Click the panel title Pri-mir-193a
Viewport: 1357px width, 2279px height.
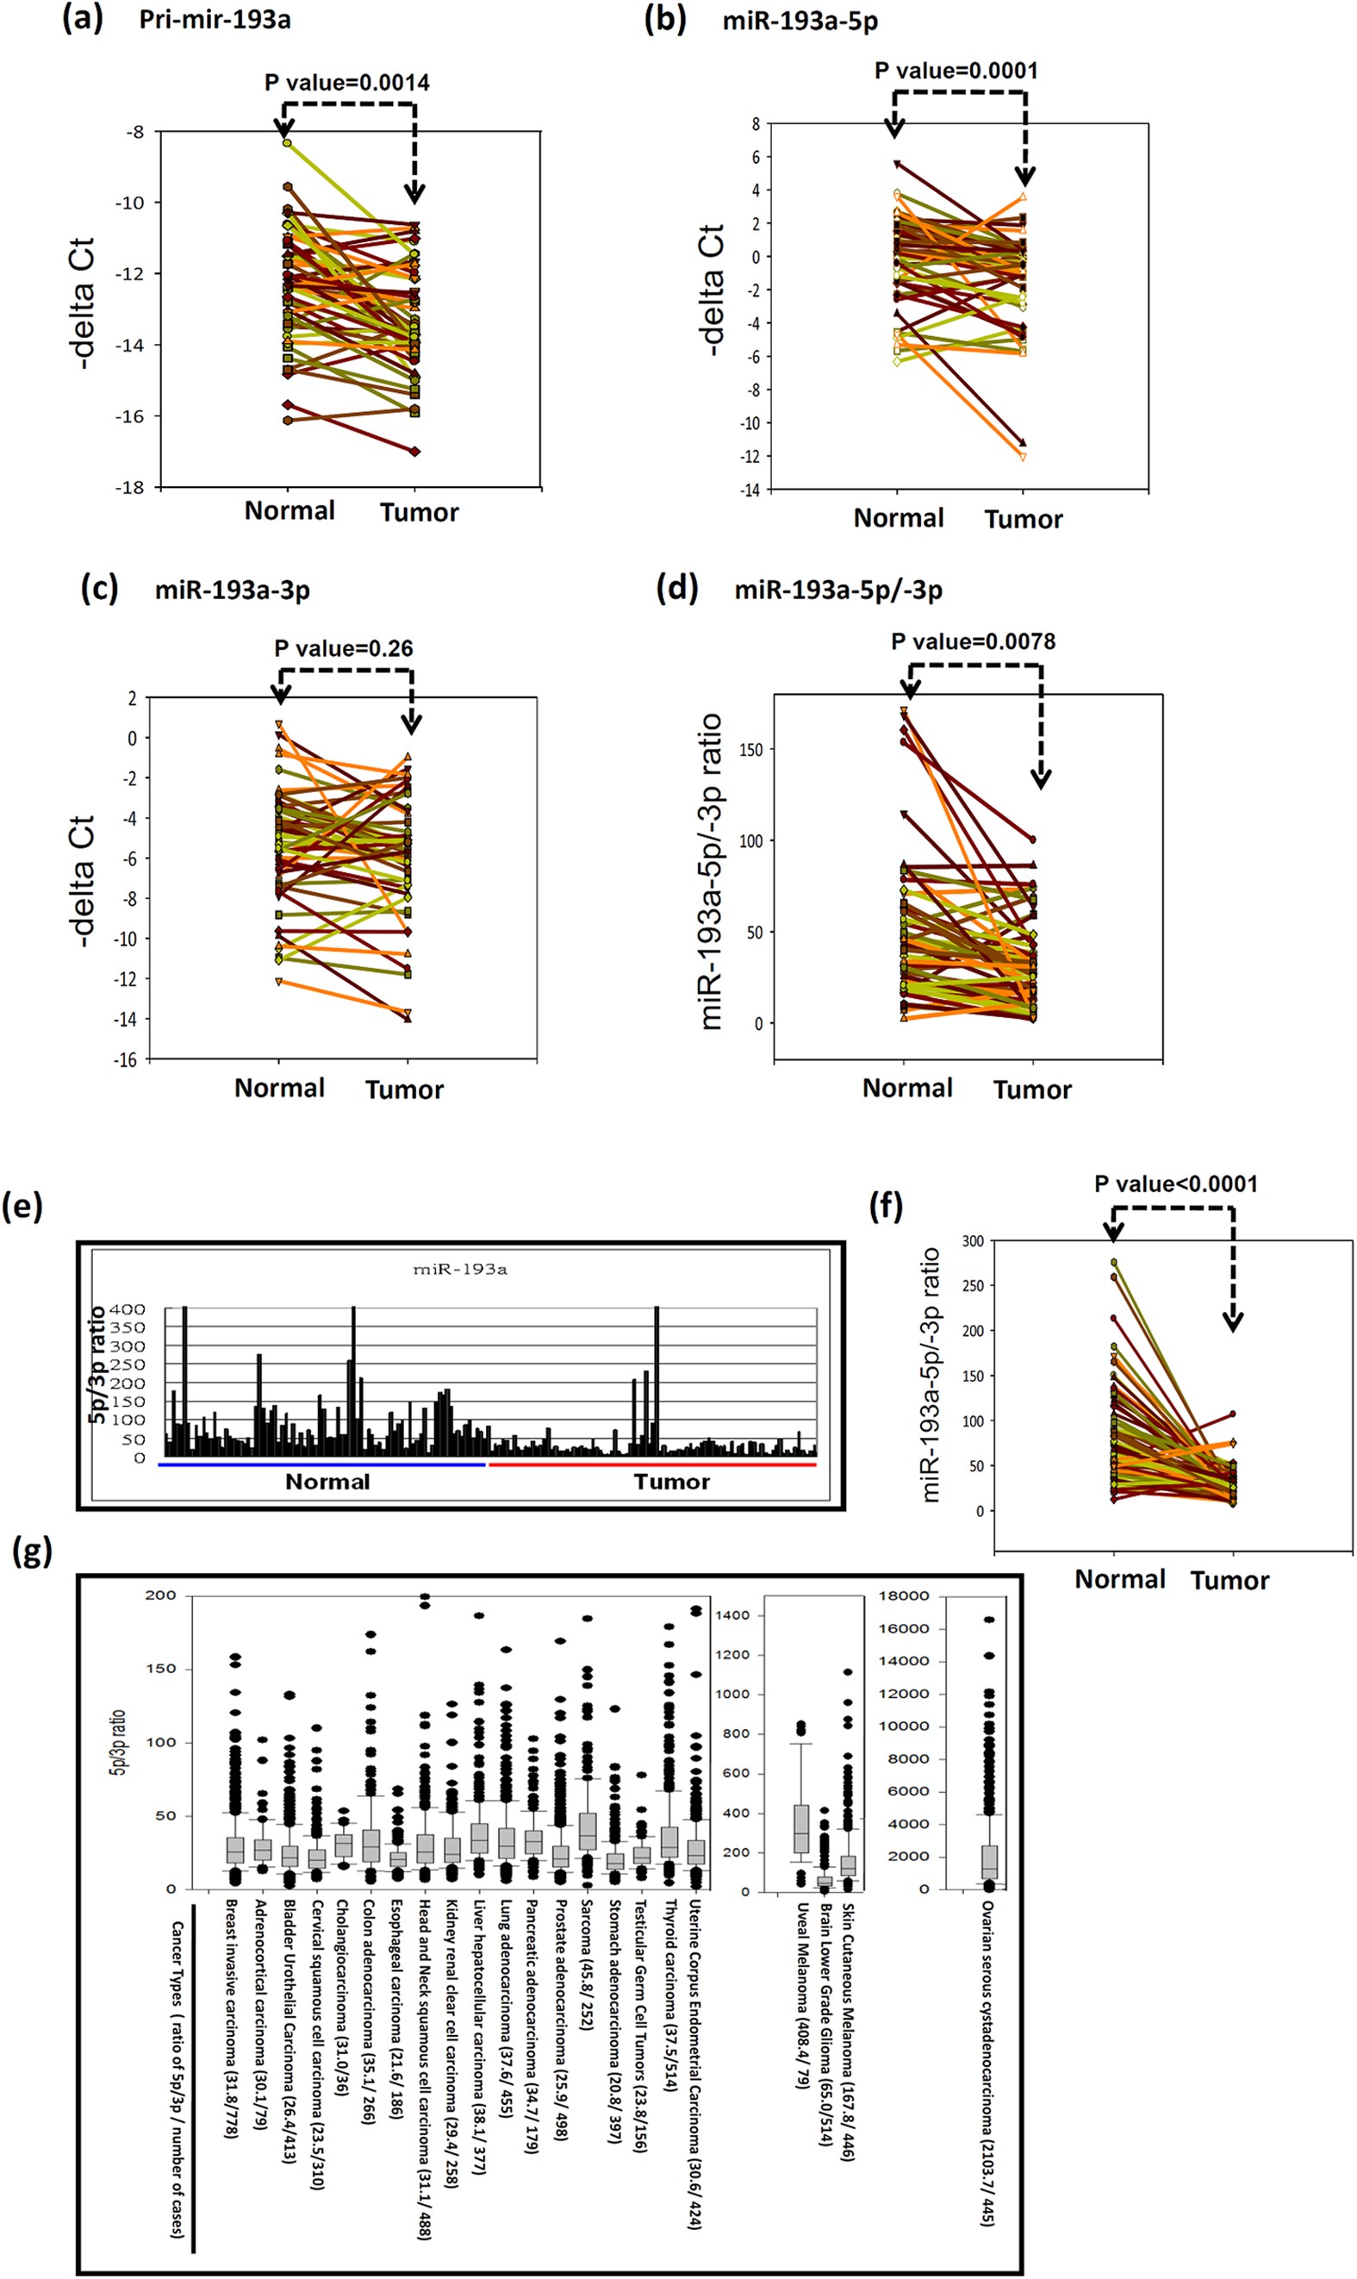point(215,19)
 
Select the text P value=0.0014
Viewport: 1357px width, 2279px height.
point(346,82)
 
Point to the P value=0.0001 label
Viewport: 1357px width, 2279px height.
point(956,71)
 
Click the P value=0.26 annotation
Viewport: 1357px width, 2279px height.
point(343,648)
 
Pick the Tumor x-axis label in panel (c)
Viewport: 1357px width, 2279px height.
point(404,1090)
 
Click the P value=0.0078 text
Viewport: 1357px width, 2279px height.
point(973,642)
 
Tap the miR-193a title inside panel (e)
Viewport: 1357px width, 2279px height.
point(460,1270)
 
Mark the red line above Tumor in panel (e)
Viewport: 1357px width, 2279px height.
point(652,1464)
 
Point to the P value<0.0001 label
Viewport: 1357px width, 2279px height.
point(1175,1183)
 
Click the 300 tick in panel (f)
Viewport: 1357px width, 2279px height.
point(972,1241)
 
